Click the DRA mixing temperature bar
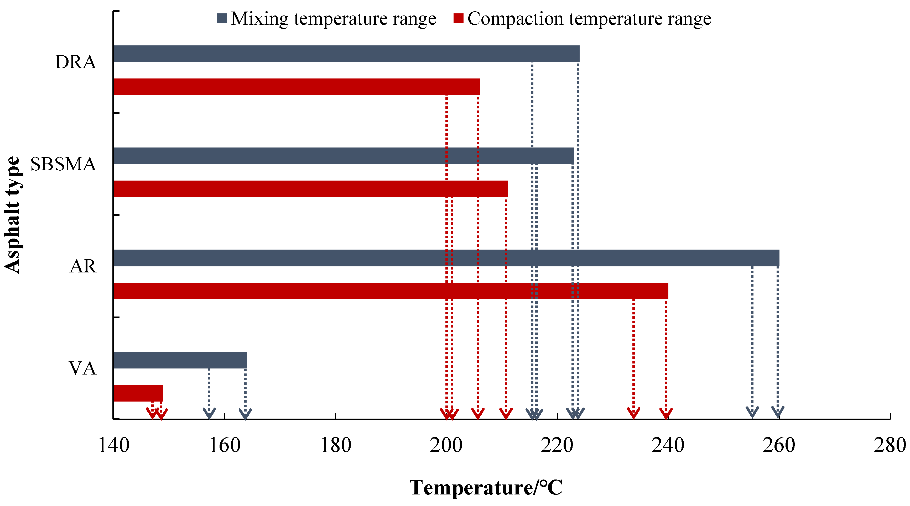(346, 54)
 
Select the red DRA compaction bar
(297, 87)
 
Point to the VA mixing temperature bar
(180, 360)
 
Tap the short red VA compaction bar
(138, 393)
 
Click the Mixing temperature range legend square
(221, 18)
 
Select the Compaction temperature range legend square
(458, 18)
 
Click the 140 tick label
(113, 445)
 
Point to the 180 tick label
(335, 445)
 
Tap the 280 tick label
(890, 445)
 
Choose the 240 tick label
(668, 445)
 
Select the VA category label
(82, 368)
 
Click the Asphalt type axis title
(12, 215)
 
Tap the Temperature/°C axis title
(486, 488)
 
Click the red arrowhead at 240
(666, 413)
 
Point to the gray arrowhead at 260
(778, 412)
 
